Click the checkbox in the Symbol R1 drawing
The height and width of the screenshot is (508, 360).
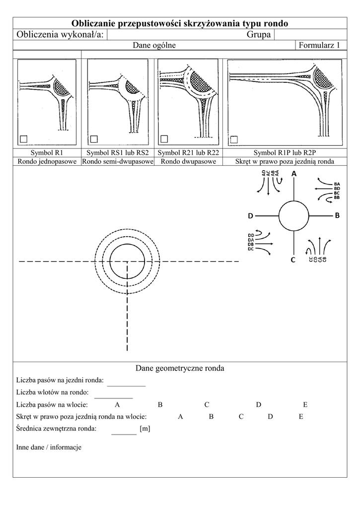[24, 138]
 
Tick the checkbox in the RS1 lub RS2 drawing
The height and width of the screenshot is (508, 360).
[94, 138]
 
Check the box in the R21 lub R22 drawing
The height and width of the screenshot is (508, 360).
[164, 138]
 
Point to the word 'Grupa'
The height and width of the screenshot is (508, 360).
[259, 34]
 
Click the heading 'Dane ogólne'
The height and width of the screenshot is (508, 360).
[154, 46]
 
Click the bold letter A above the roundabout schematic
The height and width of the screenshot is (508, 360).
[293, 174]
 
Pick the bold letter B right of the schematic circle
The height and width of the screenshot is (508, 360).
[337, 216]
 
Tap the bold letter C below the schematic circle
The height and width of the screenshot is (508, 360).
[293, 259]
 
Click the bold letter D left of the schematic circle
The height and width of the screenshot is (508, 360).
[251, 216]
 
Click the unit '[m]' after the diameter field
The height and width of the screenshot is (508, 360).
[145, 428]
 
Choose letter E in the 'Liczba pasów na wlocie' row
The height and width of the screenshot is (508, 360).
[305, 405]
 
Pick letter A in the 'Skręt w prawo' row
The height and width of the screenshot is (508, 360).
[180, 417]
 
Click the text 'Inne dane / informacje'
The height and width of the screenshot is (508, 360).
[49, 447]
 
